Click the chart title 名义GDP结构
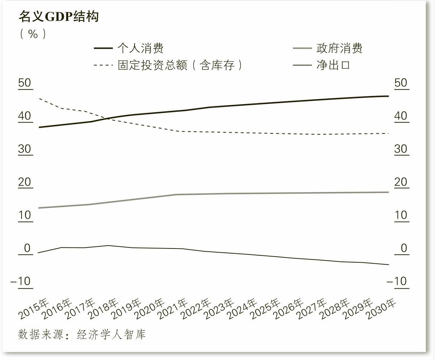(59, 17)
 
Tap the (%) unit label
(33, 34)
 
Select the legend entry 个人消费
(140, 48)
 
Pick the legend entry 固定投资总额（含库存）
(180, 65)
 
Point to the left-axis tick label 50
(25, 83)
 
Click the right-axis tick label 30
(401, 149)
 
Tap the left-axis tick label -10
(21, 281)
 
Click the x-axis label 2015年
(33, 309)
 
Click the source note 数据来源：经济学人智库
(82, 334)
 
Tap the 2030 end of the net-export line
(389, 265)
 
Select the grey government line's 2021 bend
(177, 194)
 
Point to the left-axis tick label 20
(25, 182)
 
